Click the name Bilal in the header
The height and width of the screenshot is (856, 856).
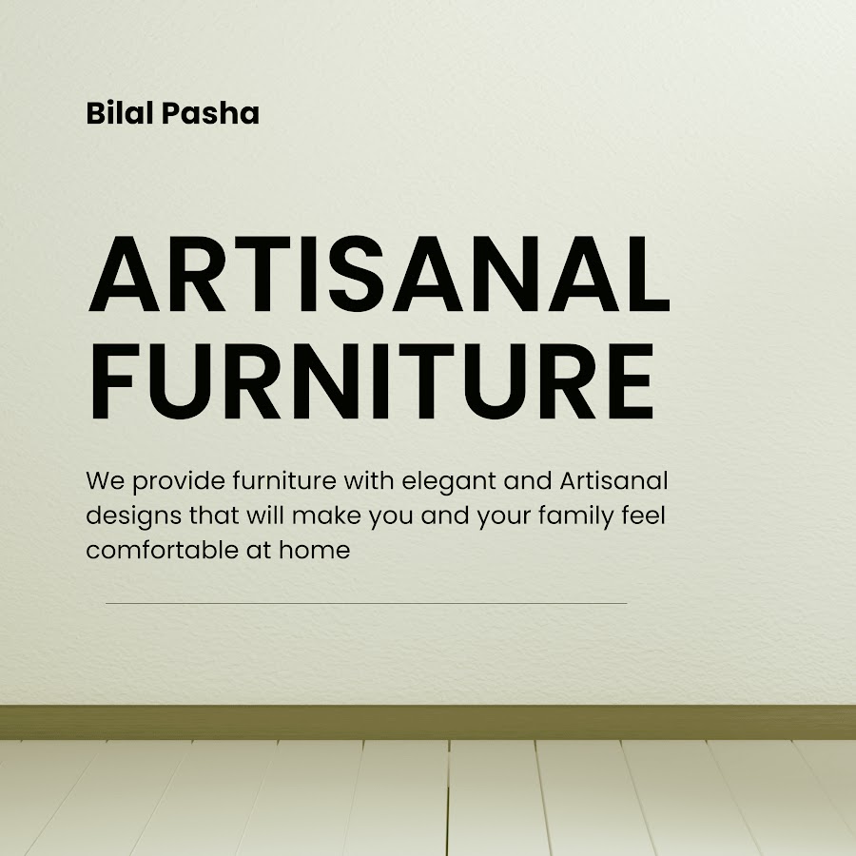(120, 113)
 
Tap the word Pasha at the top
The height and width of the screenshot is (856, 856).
(210, 113)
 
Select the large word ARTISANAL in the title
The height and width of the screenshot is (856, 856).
(379, 274)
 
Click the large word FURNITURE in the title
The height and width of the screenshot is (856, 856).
(371, 381)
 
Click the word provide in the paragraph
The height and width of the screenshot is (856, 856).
(179, 482)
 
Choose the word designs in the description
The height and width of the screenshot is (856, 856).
(134, 516)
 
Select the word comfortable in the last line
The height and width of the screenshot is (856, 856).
(162, 550)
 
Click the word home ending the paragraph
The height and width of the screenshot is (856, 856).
(315, 550)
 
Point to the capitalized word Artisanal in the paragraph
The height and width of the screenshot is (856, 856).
(613, 481)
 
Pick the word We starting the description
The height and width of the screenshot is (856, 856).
(106, 481)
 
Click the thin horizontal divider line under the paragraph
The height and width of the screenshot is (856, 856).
(366, 603)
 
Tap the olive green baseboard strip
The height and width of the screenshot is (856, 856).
(428, 722)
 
